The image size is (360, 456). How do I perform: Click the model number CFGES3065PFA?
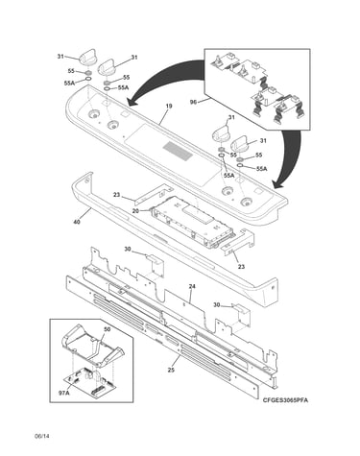coord(286,400)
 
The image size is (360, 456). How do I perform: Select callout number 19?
coord(169,106)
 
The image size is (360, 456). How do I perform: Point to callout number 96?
coord(193,102)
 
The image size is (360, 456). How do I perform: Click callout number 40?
coord(77,221)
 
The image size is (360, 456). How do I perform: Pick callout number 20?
coord(135,210)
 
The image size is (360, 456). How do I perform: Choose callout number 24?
coord(192,287)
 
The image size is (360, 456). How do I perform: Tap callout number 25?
coord(171,371)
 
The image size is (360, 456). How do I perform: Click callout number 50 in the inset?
coord(108,329)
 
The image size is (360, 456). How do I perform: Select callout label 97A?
coord(64,393)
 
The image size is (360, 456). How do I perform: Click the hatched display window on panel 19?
coord(178,152)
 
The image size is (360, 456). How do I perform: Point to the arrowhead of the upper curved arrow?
coord(132,102)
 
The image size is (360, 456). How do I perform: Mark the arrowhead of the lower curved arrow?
coord(277,183)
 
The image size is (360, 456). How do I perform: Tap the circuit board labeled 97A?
coord(89,383)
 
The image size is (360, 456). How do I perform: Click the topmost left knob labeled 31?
coord(86,57)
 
